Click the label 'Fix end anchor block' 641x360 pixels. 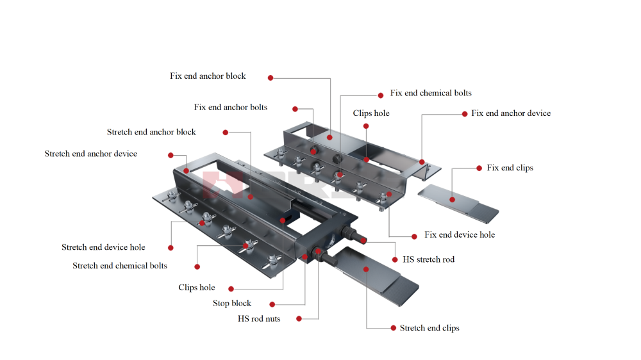(x=208, y=76)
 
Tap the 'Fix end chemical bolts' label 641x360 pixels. (x=431, y=94)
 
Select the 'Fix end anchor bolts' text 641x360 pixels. (x=231, y=108)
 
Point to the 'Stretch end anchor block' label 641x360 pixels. (x=151, y=133)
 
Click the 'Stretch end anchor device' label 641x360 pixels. (x=91, y=154)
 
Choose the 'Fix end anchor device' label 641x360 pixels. (x=511, y=113)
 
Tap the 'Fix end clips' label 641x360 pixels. (x=510, y=168)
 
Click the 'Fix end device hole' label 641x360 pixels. (x=460, y=235)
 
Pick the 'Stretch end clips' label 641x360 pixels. (x=429, y=328)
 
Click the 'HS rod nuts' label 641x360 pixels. (x=259, y=319)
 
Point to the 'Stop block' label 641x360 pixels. (x=232, y=304)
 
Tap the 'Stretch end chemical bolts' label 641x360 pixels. (x=120, y=266)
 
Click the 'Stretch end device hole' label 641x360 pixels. (x=103, y=247)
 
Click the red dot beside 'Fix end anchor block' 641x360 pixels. (x=271, y=78)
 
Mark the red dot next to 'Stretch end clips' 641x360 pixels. (x=394, y=328)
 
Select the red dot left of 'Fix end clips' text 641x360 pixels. (x=479, y=168)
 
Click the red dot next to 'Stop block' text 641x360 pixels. (x=272, y=304)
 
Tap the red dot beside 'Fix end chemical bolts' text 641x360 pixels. (x=381, y=94)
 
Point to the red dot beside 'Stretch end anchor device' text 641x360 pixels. (x=171, y=155)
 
